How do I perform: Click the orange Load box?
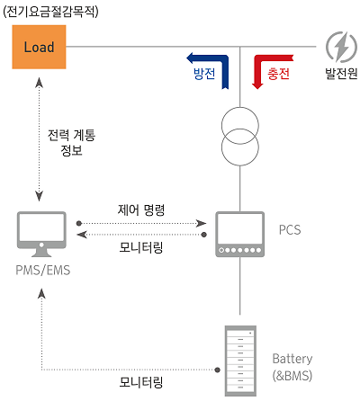pyautogui.click(x=39, y=47)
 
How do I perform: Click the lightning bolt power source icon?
pyautogui.click(x=341, y=47)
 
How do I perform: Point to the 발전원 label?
pyautogui.click(x=341, y=74)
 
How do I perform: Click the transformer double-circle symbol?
pyautogui.click(x=240, y=137)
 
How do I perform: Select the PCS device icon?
pyautogui.click(x=240, y=234)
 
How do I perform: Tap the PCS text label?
pyautogui.click(x=290, y=230)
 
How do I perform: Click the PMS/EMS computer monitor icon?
pyautogui.click(x=41, y=234)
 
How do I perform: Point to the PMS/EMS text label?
pyautogui.click(x=43, y=270)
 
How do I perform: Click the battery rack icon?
pyautogui.click(x=240, y=361)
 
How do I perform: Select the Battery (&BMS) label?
pyautogui.click(x=292, y=367)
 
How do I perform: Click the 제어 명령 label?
pyautogui.click(x=141, y=209)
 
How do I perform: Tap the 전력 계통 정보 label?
pyautogui.click(x=71, y=143)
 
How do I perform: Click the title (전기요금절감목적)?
pyautogui.click(x=50, y=12)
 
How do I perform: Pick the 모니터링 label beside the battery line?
pyautogui.click(x=141, y=382)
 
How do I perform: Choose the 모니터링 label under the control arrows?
pyautogui.click(x=141, y=247)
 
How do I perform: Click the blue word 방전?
pyautogui.click(x=204, y=74)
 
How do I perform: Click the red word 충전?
pyautogui.click(x=278, y=74)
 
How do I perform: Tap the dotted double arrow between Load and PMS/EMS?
pyautogui.click(x=39, y=138)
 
